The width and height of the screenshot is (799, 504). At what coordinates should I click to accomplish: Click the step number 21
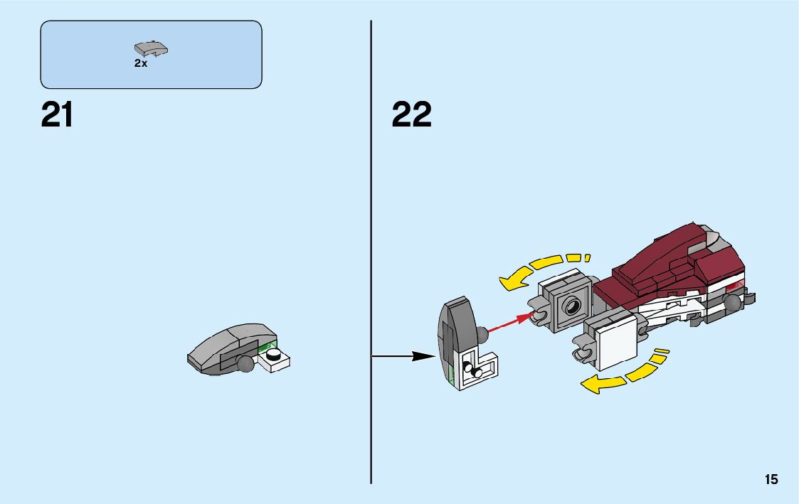coord(57,114)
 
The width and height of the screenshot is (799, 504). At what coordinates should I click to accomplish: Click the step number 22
coord(411,114)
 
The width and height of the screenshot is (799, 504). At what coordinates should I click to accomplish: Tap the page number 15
coord(771,480)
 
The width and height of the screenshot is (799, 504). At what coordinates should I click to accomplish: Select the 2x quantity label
coord(140,63)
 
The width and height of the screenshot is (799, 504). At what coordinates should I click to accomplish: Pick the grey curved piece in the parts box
coord(151,49)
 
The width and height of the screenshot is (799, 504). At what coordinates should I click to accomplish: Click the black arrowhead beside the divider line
coord(425,355)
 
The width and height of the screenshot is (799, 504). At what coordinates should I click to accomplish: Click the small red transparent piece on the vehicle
coord(737,285)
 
